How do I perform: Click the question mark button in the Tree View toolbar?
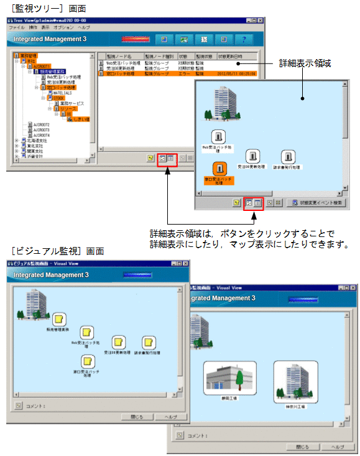pos(244,40)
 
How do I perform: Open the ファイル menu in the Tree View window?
pos(16,28)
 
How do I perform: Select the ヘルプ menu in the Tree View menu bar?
pos(83,28)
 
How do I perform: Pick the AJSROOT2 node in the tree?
pos(41,124)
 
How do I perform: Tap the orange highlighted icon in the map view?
pos(218,169)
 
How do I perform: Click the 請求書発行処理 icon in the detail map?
pos(287,156)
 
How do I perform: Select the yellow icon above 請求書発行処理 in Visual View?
pos(148,342)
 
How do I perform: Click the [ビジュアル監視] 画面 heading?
pos(57,251)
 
